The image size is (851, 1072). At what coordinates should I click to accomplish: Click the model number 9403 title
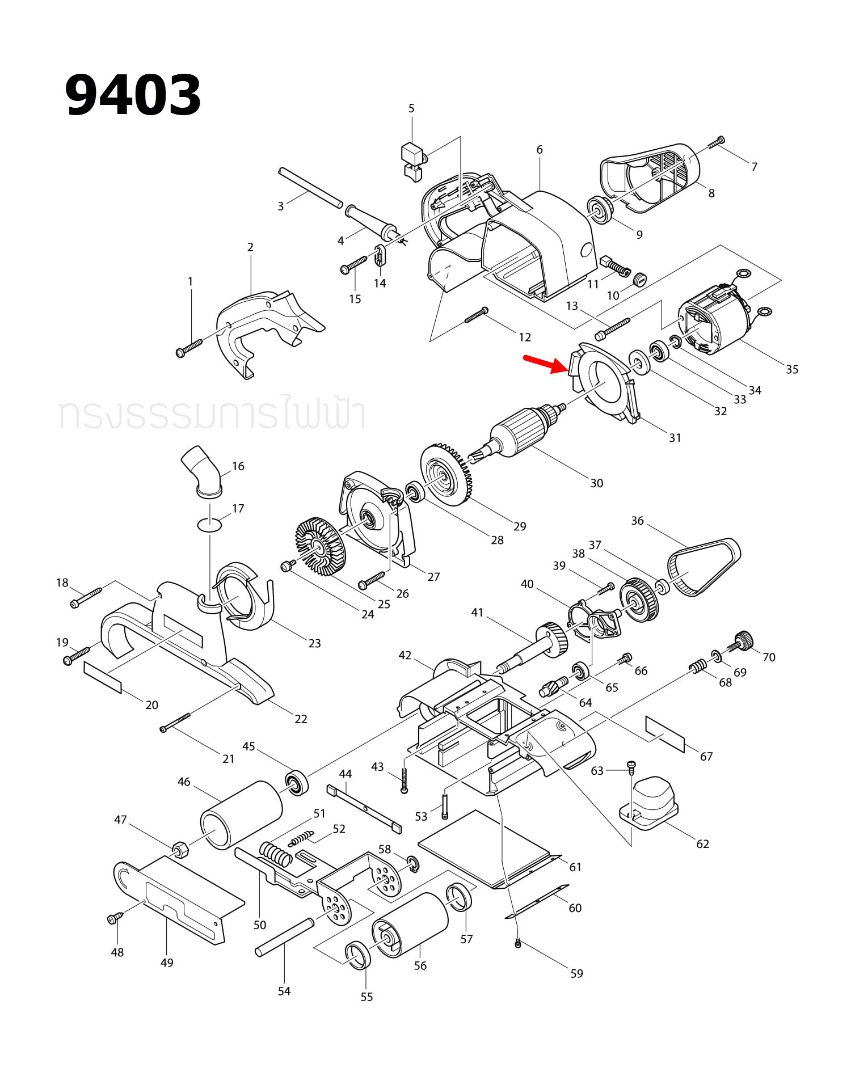click(x=133, y=95)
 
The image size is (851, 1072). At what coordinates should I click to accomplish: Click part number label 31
click(x=675, y=437)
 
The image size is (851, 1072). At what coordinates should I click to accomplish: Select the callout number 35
click(x=792, y=369)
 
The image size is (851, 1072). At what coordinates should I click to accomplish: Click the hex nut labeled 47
click(x=180, y=849)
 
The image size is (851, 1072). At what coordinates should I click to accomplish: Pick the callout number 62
click(x=702, y=843)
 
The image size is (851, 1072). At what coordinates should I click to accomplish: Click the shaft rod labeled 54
click(x=284, y=937)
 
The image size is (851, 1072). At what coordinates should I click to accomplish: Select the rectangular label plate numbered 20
click(x=103, y=677)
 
